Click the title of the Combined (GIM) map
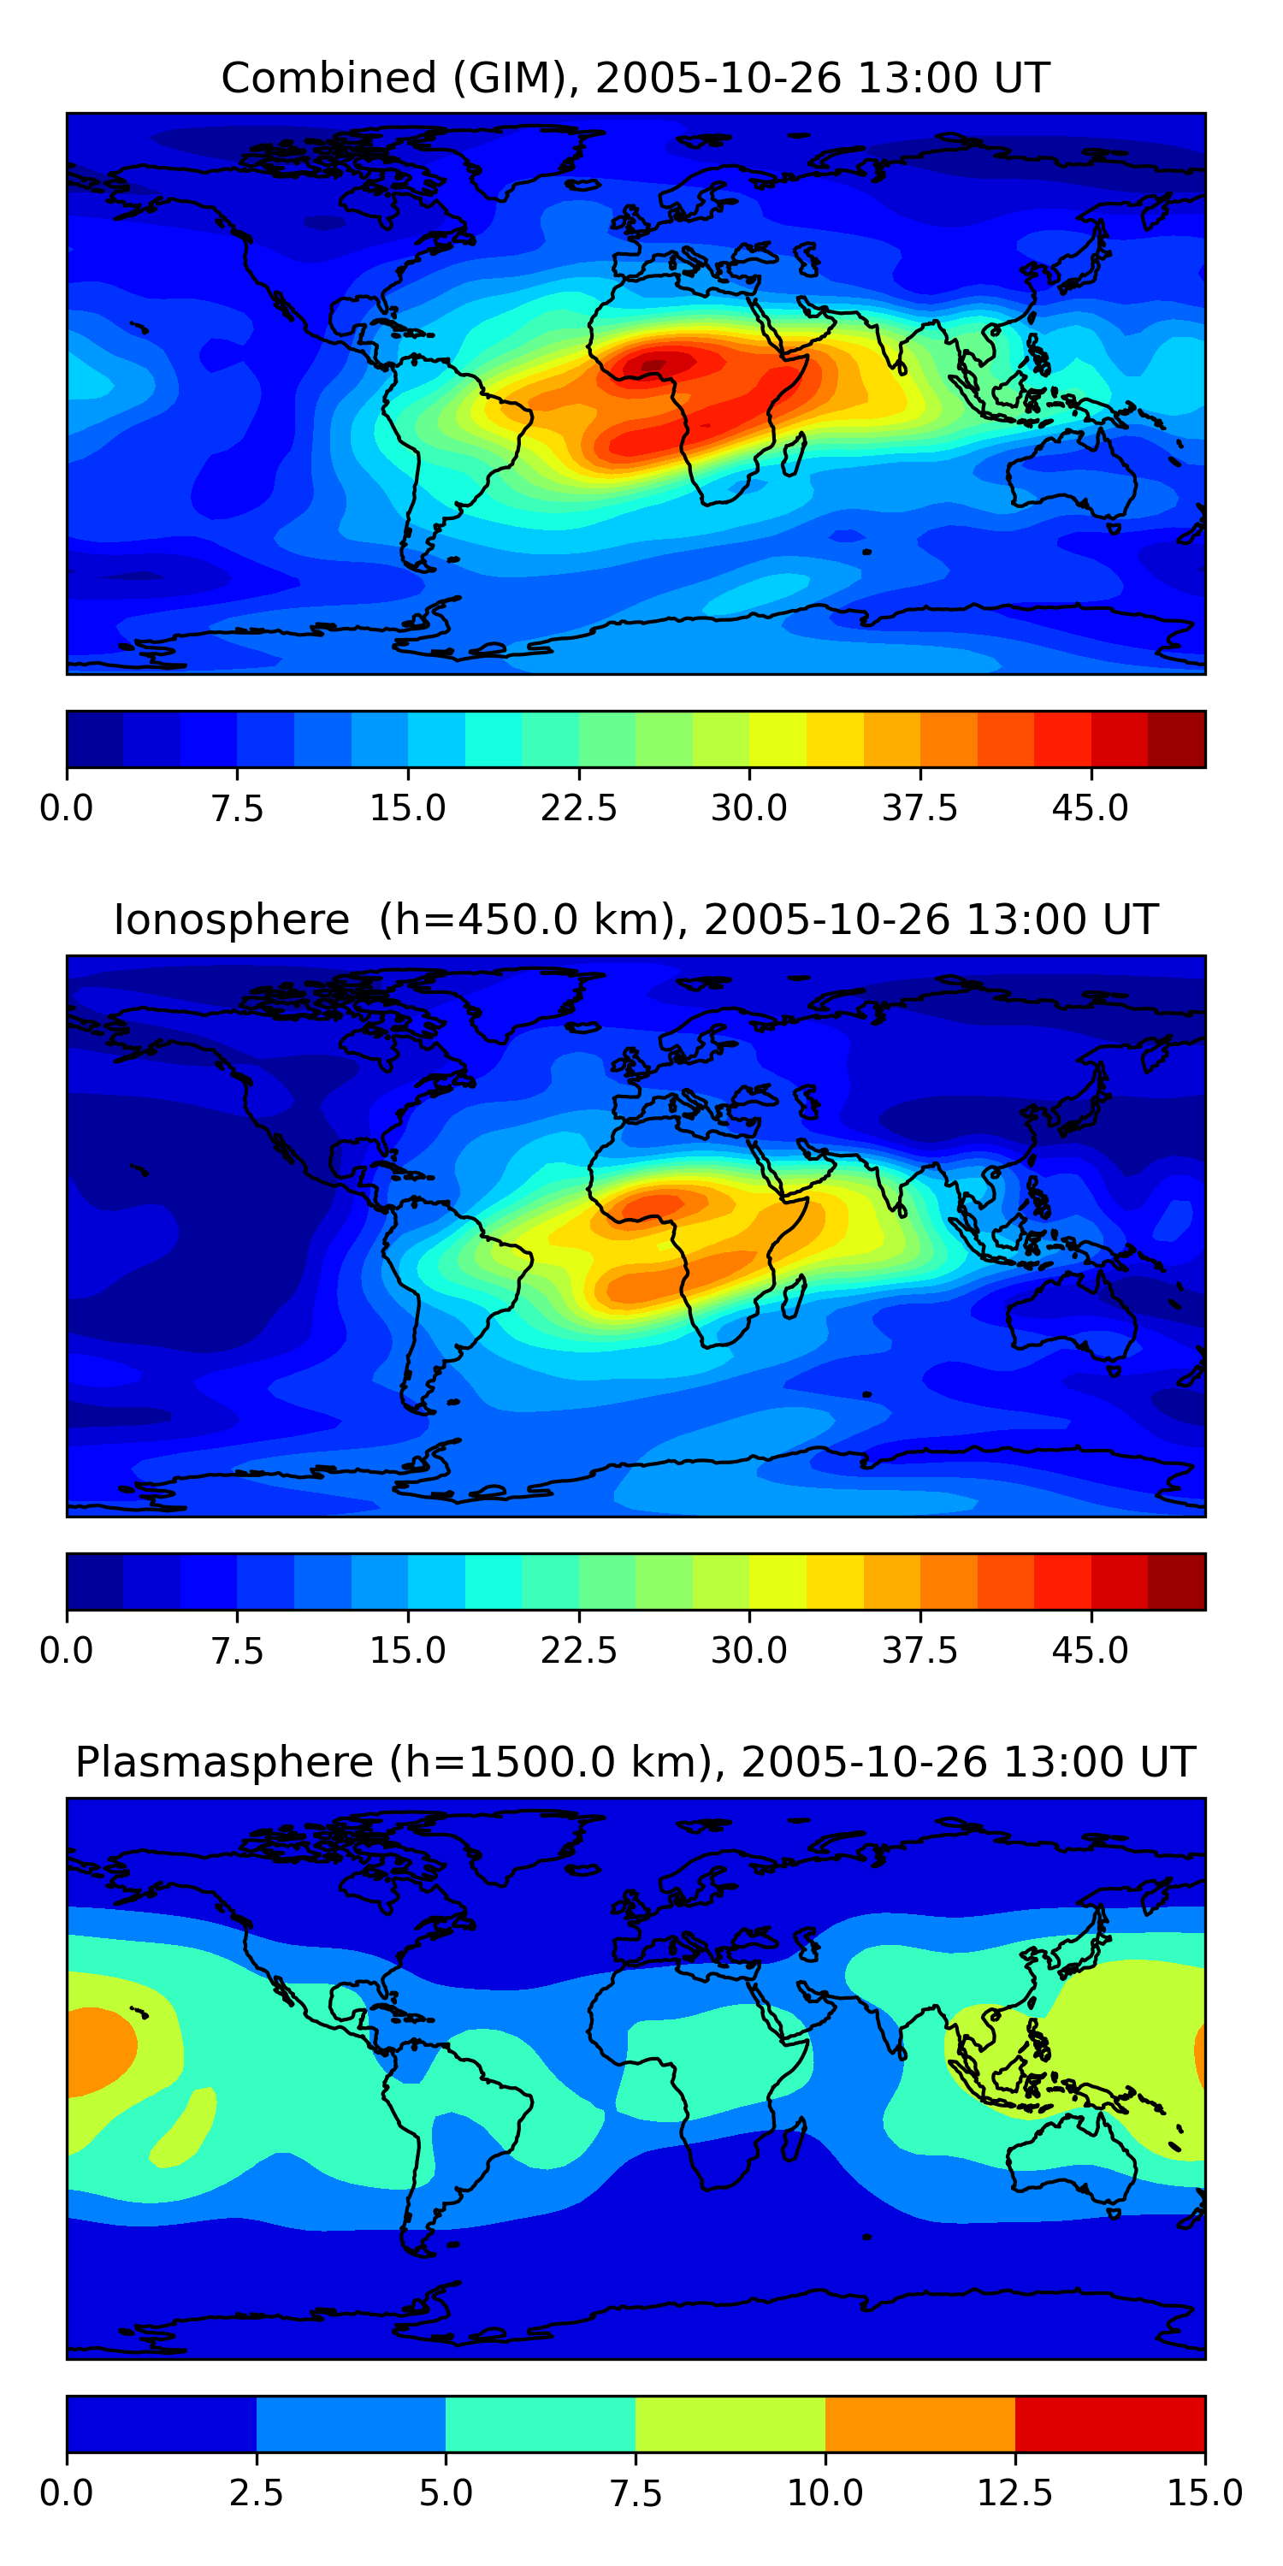click(636, 78)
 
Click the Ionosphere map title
click(636, 919)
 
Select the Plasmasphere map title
click(636, 1762)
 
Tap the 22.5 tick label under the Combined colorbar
click(579, 807)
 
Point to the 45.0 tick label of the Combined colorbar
click(1091, 807)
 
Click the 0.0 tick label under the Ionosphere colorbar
click(67, 1651)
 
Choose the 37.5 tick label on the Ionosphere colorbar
click(919, 1651)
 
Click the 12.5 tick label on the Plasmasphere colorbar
click(1015, 2493)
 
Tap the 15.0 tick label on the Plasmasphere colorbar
click(1204, 2493)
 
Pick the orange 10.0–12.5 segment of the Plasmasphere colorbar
click(919, 2423)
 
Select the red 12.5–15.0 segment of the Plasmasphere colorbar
click(1109, 2423)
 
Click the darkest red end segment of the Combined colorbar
click(1176, 739)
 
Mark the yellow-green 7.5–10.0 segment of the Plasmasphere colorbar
click(730, 2423)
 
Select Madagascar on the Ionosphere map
click(794, 1297)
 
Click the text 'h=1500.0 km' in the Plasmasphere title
click(548, 1762)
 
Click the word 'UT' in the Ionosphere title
click(1131, 919)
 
